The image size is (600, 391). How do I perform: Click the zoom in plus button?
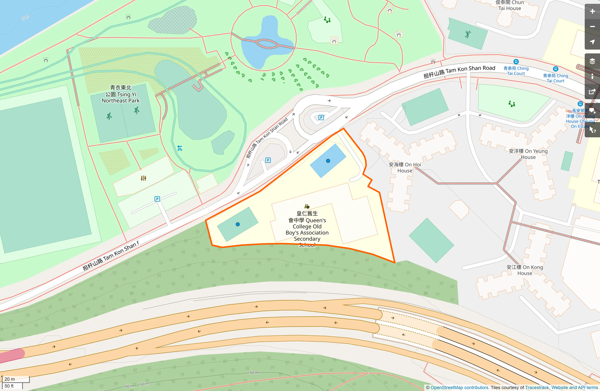pos(592,11)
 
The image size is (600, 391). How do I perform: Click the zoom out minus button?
pos(592,27)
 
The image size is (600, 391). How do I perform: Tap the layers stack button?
pos(592,61)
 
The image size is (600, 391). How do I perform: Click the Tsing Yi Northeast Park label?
pos(120,94)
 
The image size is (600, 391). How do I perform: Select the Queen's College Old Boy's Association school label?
pos(307,226)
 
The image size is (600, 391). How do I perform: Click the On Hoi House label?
pos(405,168)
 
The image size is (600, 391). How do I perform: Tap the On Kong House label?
pos(525,270)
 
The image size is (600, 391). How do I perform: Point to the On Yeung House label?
pos(528,154)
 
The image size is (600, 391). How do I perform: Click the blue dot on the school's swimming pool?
pos(328,161)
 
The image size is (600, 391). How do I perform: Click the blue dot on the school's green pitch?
pos(238,224)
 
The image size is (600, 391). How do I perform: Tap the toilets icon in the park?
pos(144,178)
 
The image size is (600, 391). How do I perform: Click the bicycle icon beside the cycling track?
pos(180,148)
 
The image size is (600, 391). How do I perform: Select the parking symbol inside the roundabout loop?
pos(321,118)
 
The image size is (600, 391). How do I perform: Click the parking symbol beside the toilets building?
pos(157,199)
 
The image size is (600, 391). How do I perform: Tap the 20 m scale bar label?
pos(10,379)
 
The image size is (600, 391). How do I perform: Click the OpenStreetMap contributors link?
pos(460,388)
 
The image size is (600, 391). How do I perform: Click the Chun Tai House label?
pos(510,5)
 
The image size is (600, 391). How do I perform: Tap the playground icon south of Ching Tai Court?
pos(512,104)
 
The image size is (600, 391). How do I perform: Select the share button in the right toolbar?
pos(592,92)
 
